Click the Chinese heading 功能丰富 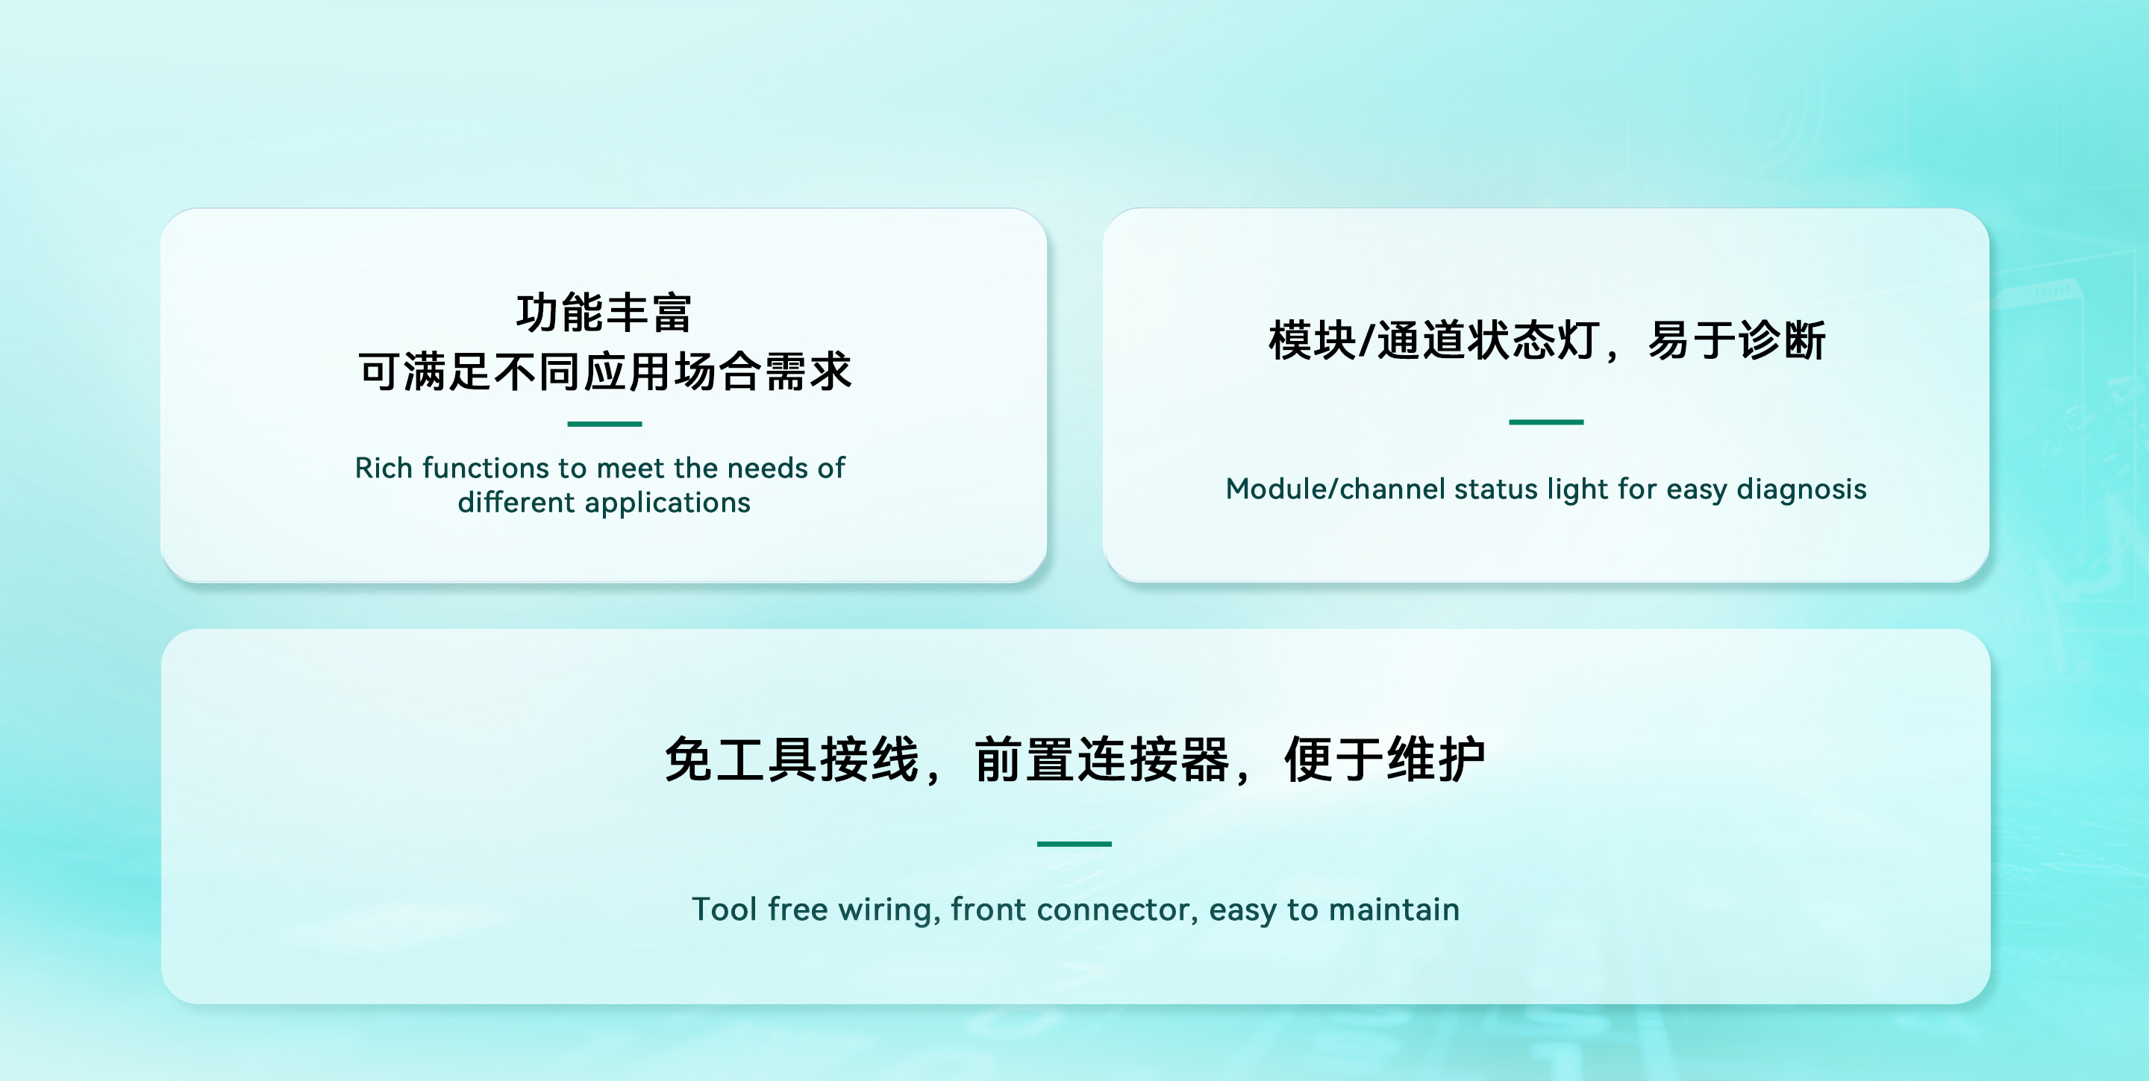[x=604, y=313]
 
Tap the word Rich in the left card [x=383, y=468]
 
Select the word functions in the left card [x=485, y=468]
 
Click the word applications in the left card [x=667, y=503]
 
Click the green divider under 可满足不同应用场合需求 [x=604, y=424]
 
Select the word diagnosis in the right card [x=1801, y=489]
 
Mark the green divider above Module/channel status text [x=1546, y=422]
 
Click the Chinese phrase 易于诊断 [x=1736, y=340]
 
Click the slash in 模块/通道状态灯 [x=1366, y=340]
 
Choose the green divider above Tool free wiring [x=1074, y=844]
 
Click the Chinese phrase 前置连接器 [x=1102, y=760]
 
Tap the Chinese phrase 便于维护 [x=1385, y=760]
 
